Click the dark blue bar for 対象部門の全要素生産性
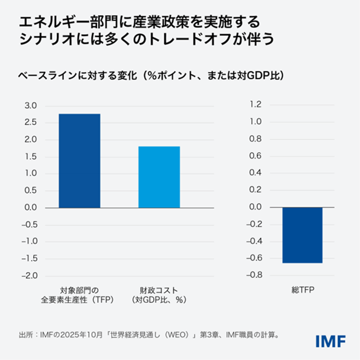click(x=79, y=160)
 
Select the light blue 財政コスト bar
click(x=159, y=177)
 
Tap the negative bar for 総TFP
click(x=302, y=235)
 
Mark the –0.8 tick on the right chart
click(x=254, y=275)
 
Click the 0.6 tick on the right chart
click(x=256, y=156)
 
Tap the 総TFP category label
click(x=302, y=290)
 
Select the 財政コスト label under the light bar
click(x=159, y=290)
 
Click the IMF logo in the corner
click(x=331, y=341)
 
